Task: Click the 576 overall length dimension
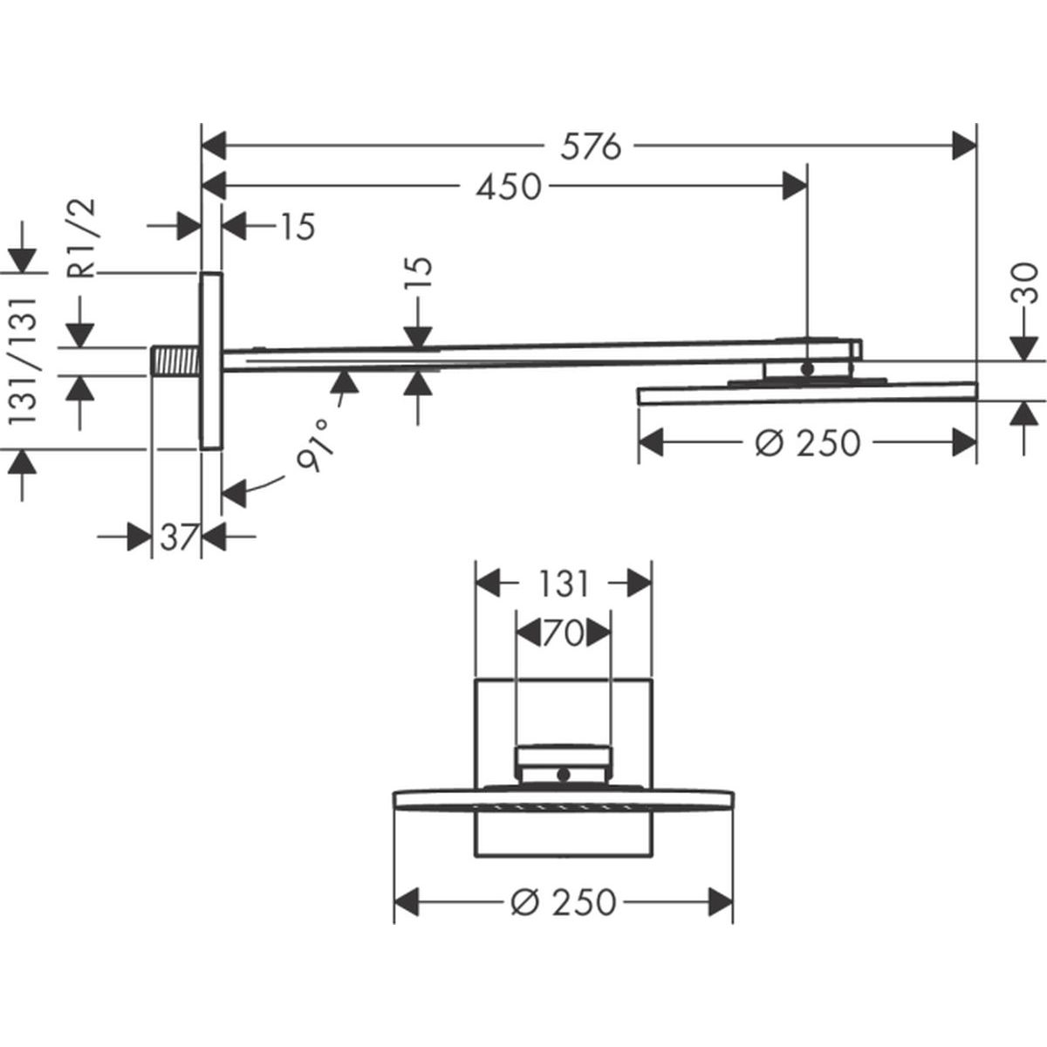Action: pos(591,147)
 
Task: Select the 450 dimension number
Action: pos(509,188)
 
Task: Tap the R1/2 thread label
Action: pos(85,238)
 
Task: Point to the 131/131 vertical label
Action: pos(23,360)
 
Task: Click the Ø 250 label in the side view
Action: pos(808,443)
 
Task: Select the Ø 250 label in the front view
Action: pos(564,902)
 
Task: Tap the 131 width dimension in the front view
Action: pos(564,585)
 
